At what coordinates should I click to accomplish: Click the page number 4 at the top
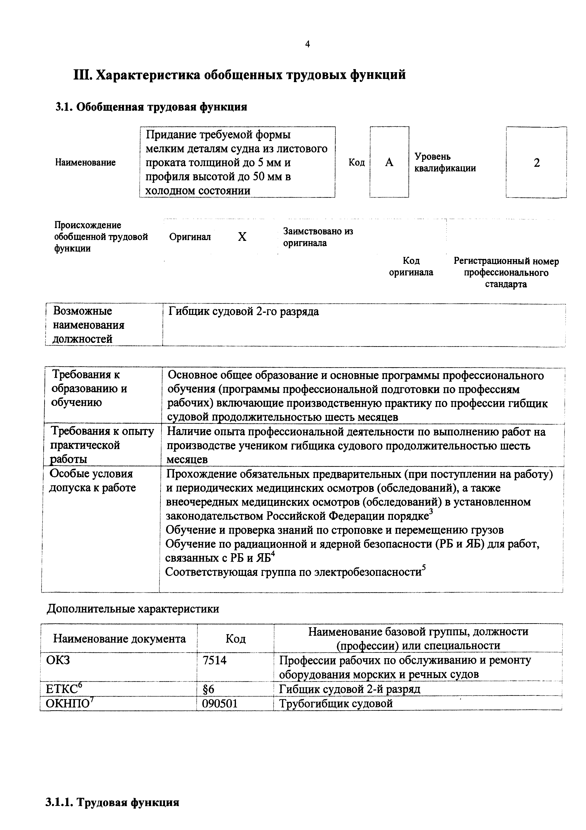(307, 44)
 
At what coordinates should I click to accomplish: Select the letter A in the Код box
(389, 163)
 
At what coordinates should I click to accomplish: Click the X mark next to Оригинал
(242, 237)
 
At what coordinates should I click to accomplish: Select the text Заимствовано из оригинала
(318, 237)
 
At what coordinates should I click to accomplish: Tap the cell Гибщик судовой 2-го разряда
(244, 312)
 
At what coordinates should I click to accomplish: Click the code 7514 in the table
(215, 660)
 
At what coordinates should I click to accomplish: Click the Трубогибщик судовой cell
(336, 703)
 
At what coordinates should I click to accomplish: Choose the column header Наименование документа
(120, 639)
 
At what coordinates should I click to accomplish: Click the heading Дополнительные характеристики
(133, 609)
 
